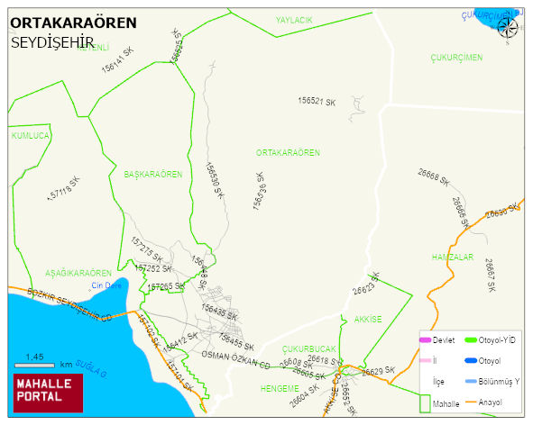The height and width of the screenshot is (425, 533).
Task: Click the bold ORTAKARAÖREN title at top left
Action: (x=73, y=23)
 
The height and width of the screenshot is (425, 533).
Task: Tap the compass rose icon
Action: (x=509, y=28)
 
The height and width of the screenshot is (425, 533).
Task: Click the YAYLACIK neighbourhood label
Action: (x=294, y=19)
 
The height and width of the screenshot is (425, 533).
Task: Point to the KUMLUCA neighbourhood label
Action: (x=29, y=135)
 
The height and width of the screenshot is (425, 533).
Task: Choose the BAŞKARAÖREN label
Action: (x=153, y=174)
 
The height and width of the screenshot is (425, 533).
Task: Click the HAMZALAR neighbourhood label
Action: (x=453, y=258)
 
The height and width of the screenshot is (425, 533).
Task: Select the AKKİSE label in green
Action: (x=368, y=319)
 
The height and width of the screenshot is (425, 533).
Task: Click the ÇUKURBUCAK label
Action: (x=309, y=348)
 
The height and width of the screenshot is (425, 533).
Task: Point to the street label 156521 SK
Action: (x=323, y=102)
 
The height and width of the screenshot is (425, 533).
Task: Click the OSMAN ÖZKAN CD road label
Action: (x=235, y=358)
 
